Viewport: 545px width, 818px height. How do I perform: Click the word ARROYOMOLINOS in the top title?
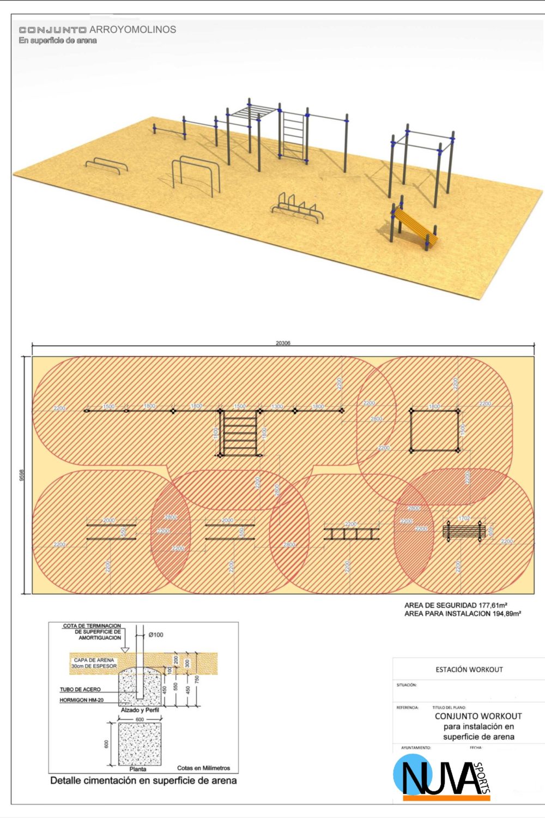132,29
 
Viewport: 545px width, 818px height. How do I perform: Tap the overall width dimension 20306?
283,344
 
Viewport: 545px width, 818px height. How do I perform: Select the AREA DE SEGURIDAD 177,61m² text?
456,605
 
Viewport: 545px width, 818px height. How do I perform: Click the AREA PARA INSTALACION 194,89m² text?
462,613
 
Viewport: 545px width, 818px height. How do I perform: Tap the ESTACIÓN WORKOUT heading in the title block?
469,669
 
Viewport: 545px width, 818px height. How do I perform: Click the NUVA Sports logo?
441,777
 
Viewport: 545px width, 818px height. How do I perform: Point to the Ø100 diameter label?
156,635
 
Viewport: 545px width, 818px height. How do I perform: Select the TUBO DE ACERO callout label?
80,689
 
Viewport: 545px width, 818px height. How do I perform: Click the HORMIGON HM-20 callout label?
81,700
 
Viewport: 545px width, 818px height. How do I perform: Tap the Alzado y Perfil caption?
140,710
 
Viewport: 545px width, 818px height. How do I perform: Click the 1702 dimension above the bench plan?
464,519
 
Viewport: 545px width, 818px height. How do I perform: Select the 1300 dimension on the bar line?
277,407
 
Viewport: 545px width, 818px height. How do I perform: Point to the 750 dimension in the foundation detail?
197,679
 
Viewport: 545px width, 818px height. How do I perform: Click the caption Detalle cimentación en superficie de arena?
143,780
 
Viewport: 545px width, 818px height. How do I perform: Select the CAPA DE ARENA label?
94,660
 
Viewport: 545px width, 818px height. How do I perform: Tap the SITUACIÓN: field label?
407,685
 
